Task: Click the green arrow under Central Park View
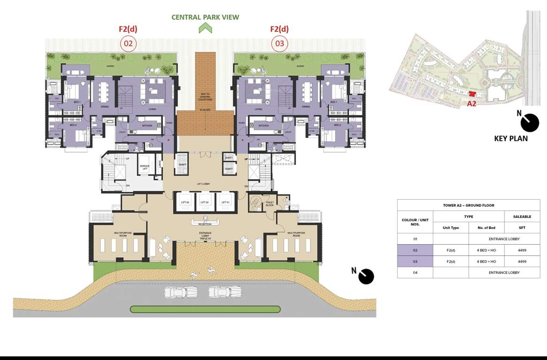point(205,28)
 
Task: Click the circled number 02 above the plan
point(128,44)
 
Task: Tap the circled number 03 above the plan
point(280,44)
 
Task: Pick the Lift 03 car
point(185,202)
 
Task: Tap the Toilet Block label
point(269,204)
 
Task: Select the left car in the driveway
point(181,292)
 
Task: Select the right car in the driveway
point(225,292)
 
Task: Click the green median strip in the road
point(205,309)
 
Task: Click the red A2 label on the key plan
point(471,104)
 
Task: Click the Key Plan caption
point(511,139)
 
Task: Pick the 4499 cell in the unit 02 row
point(522,250)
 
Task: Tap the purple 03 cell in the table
point(415,262)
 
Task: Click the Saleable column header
point(522,217)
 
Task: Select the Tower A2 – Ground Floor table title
point(468,205)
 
